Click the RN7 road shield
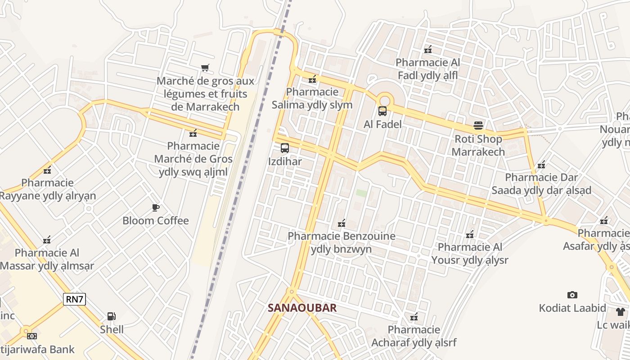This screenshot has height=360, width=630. [x=74, y=299]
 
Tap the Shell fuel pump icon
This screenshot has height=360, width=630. [x=111, y=316]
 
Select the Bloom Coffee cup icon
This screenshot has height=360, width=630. [x=156, y=207]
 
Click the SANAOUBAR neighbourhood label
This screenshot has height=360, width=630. [x=302, y=308]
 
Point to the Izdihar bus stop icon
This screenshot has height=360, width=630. [x=284, y=148]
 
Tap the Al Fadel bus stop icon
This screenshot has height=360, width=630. [x=382, y=111]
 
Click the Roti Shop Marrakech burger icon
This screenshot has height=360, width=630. [x=478, y=126]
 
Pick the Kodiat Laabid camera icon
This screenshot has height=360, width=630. [x=572, y=295]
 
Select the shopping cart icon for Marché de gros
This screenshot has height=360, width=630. [x=205, y=68]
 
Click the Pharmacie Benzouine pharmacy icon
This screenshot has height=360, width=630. [x=342, y=223]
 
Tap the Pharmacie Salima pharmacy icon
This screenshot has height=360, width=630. [x=312, y=79]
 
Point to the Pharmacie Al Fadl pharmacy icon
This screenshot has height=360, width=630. [x=428, y=49]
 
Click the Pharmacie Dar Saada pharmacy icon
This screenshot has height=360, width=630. [x=541, y=164]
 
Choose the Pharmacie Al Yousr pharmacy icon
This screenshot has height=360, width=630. [x=470, y=234]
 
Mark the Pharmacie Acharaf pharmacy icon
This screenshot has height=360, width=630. [x=414, y=317]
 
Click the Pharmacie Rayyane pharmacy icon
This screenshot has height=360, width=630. [x=47, y=170]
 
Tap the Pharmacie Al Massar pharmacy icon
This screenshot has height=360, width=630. [x=47, y=239]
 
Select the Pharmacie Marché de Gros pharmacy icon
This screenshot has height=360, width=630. [x=193, y=133]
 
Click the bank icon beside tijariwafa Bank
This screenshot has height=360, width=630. [x=31, y=336]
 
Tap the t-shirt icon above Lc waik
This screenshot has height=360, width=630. [x=621, y=311]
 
